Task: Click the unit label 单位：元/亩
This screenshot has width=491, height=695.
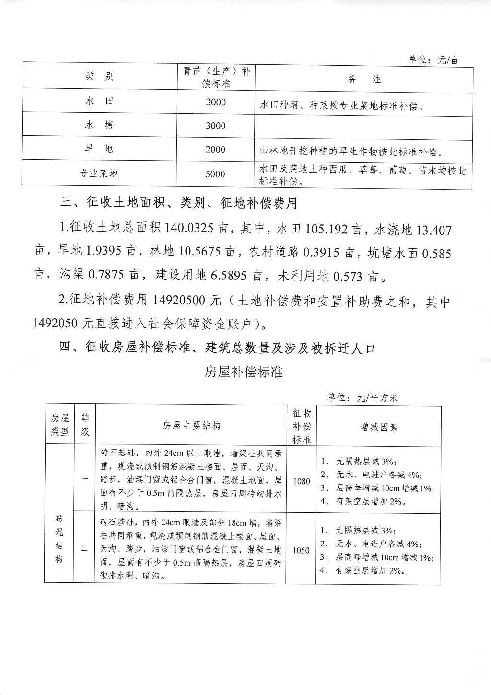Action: point(433,60)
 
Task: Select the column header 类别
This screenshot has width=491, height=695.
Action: point(100,76)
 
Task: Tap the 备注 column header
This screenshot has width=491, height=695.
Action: point(364,79)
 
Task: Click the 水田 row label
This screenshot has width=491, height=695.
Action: point(100,101)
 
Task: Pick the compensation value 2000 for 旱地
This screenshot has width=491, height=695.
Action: point(215,150)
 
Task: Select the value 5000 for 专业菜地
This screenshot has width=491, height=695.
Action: point(215,174)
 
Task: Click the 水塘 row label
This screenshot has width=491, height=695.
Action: point(100,125)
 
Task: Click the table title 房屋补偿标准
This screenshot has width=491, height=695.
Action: point(243,372)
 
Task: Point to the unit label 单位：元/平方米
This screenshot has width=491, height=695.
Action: point(362,398)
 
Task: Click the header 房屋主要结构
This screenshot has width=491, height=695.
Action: point(191,426)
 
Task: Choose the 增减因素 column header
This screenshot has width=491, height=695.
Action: point(379,427)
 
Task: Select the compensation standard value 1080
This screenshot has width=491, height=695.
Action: point(302,481)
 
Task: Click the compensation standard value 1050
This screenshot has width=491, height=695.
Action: point(301,550)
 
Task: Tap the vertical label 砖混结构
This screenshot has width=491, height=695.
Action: point(59,539)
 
